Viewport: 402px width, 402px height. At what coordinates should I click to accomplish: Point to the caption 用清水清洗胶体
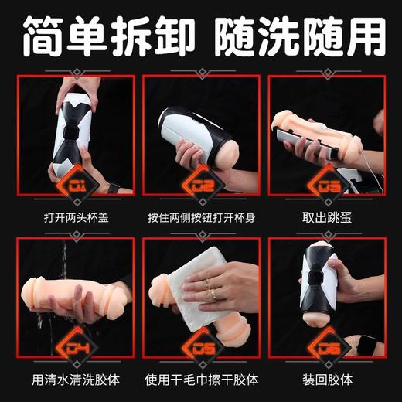pyautogui.click(x=73, y=380)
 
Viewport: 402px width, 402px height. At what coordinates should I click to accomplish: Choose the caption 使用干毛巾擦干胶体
pyautogui.click(x=201, y=380)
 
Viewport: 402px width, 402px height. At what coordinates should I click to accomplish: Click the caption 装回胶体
pyautogui.click(x=329, y=380)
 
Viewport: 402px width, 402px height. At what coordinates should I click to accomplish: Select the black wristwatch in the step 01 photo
pyautogui.click(x=114, y=188)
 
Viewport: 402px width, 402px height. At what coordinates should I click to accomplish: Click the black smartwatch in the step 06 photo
pyautogui.click(x=370, y=341)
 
